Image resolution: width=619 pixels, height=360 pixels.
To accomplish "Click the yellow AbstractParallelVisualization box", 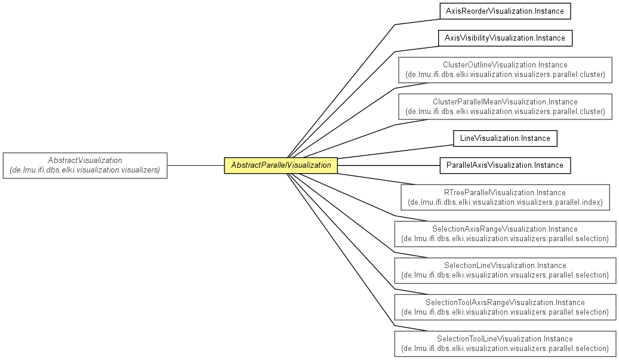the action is tap(281, 165).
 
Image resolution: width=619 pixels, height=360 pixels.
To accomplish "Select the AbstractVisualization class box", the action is tap(85, 165).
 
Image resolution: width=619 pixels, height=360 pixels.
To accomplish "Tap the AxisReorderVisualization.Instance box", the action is tap(505, 11).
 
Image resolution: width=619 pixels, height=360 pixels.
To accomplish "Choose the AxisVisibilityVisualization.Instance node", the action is tap(505, 38).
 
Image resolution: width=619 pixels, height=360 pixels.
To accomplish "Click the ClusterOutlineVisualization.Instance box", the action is tap(505, 70).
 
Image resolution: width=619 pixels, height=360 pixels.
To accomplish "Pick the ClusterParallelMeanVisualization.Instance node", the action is tap(505, 107).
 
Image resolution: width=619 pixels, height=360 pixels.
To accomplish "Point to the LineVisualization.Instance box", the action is tap(505, 139).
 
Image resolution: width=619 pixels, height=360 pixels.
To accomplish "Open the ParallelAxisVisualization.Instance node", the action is tap(505, 165).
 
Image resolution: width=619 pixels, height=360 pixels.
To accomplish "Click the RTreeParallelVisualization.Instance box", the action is tap(505, 198).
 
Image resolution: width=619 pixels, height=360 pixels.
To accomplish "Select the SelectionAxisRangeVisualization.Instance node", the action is tap(505, 234).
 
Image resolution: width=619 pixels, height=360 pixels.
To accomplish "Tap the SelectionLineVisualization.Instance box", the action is tap(505, 270).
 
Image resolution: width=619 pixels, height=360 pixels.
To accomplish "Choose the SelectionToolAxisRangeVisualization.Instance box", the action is tap(505, 307).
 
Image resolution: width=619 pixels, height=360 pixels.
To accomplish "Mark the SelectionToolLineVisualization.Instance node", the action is tap(505, 344).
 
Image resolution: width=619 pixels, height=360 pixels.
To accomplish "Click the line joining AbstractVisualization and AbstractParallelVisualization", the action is tap(196, 165).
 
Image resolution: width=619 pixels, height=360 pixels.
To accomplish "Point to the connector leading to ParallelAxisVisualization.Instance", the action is tap(389, 165).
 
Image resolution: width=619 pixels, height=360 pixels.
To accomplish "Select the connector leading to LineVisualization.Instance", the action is tap(395, 152).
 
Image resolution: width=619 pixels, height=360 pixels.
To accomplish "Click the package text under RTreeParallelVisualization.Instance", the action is tap(505, 202).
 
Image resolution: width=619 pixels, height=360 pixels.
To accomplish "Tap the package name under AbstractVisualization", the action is tap(85, 170).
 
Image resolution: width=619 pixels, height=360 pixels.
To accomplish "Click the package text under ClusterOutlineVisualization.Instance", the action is tap(505, 75).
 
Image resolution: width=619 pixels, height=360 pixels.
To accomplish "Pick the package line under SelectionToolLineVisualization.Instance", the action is tap(505, 349).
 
